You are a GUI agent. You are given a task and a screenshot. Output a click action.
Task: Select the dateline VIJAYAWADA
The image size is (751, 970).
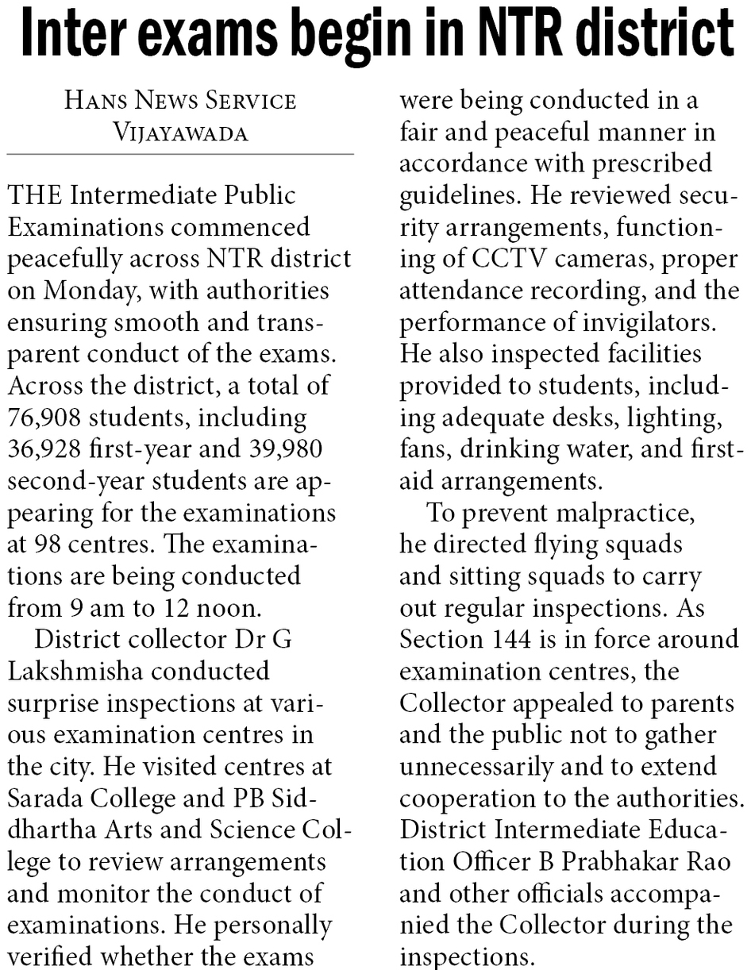click(x=180, y=132)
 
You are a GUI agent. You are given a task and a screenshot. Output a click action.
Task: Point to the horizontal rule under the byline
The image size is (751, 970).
click(x=180, y=153)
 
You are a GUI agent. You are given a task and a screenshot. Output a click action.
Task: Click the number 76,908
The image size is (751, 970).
click(x=52, y=417)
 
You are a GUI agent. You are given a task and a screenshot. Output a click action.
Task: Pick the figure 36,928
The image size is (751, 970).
click(x=52, y=448)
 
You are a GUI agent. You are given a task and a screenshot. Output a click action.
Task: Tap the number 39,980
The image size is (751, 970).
click(x=278, y=448)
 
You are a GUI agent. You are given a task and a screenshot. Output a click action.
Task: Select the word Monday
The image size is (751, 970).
click(x=87, y=290)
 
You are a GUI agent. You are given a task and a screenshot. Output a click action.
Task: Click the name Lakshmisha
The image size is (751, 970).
click(x=75, y=671)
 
